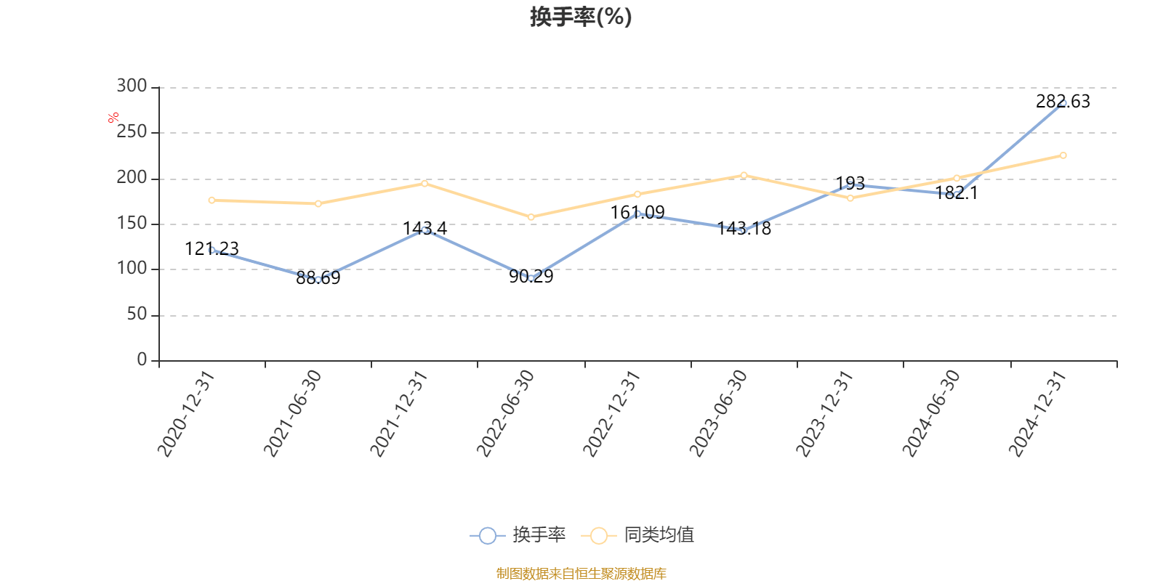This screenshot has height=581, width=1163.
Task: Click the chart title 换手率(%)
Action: [581, 17]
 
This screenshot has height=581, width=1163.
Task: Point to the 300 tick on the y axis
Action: [132, 86]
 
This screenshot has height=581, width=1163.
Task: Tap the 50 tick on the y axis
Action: [137, 314]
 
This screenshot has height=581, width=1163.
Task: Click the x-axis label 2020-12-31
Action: [187, 413]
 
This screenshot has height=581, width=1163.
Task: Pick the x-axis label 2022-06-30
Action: [506, 413]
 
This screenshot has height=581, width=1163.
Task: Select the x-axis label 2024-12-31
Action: [1038, 413]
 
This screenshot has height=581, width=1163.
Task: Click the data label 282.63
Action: [1063, 102]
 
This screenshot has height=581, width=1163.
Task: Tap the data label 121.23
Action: [212, 249]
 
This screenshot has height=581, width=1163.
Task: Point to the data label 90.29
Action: [531, 277]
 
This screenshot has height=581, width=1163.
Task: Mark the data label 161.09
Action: [637, 213]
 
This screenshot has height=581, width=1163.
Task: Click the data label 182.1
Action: [957, 193]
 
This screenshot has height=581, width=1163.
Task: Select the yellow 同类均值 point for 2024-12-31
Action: [1063, 155]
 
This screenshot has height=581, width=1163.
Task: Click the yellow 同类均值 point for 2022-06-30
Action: [531, 217]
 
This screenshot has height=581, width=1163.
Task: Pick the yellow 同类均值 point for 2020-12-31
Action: [212, 200]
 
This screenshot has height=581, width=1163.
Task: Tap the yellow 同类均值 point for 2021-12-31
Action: [424, 183]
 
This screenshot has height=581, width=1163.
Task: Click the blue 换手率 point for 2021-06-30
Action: [318, 280]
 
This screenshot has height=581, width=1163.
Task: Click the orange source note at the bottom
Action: [581, 574]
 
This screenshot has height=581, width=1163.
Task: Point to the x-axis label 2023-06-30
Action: [719, 413]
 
